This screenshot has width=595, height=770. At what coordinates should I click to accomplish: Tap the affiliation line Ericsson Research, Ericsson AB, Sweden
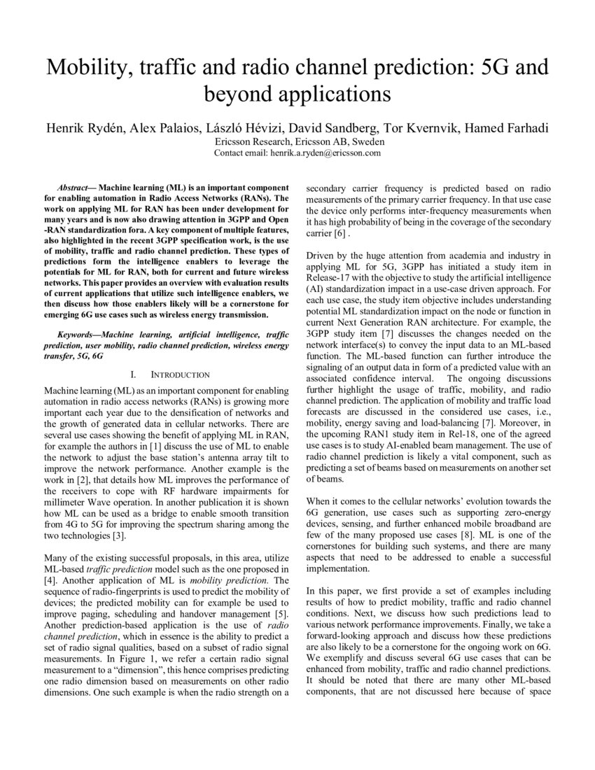(x=297, y=141)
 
